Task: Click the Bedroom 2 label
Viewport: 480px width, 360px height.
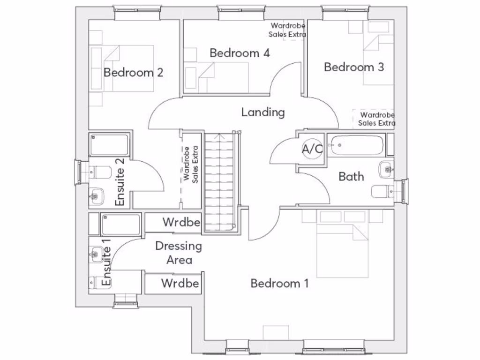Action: point(133,73)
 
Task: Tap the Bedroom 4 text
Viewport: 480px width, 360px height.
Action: point(240,53)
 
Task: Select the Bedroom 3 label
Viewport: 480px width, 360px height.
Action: point(354,67)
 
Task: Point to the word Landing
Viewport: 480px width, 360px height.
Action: point(263,112)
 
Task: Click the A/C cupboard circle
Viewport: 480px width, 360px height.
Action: point(312,149)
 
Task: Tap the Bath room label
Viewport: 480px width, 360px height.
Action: point(351,177)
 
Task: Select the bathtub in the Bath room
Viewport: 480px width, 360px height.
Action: point(356,145)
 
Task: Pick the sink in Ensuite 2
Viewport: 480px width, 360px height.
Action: point(96,196)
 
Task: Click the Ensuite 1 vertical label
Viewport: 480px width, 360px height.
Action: point(106,262)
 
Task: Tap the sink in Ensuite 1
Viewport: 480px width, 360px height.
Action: point(97,254)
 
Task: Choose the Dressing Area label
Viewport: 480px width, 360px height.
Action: point(179,253)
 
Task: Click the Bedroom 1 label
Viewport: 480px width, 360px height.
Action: point(279,284)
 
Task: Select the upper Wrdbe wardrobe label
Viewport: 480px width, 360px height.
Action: point(181,222)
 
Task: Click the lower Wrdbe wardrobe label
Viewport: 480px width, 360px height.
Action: point(180,284)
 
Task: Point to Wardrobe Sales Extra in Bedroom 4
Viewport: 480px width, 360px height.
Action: point(287,30)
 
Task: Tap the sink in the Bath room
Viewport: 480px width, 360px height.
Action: point(386,169)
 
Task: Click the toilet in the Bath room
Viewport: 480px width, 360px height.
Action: point(382,192)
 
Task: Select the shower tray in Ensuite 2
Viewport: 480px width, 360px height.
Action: point(109,144)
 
